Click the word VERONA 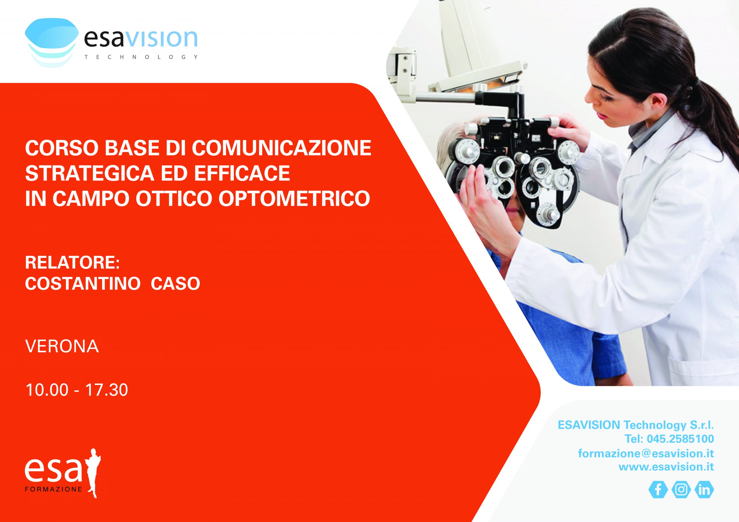pyautogui.click(x=62, y=347)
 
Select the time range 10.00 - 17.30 pyautogui.click(x=76, y=390)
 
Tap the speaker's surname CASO pyautogui.click(x=176, y=283)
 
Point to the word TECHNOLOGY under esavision pyautogui.click(x=141, y=57)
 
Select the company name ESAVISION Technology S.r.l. pyautogui.click(x=636, y=425)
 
